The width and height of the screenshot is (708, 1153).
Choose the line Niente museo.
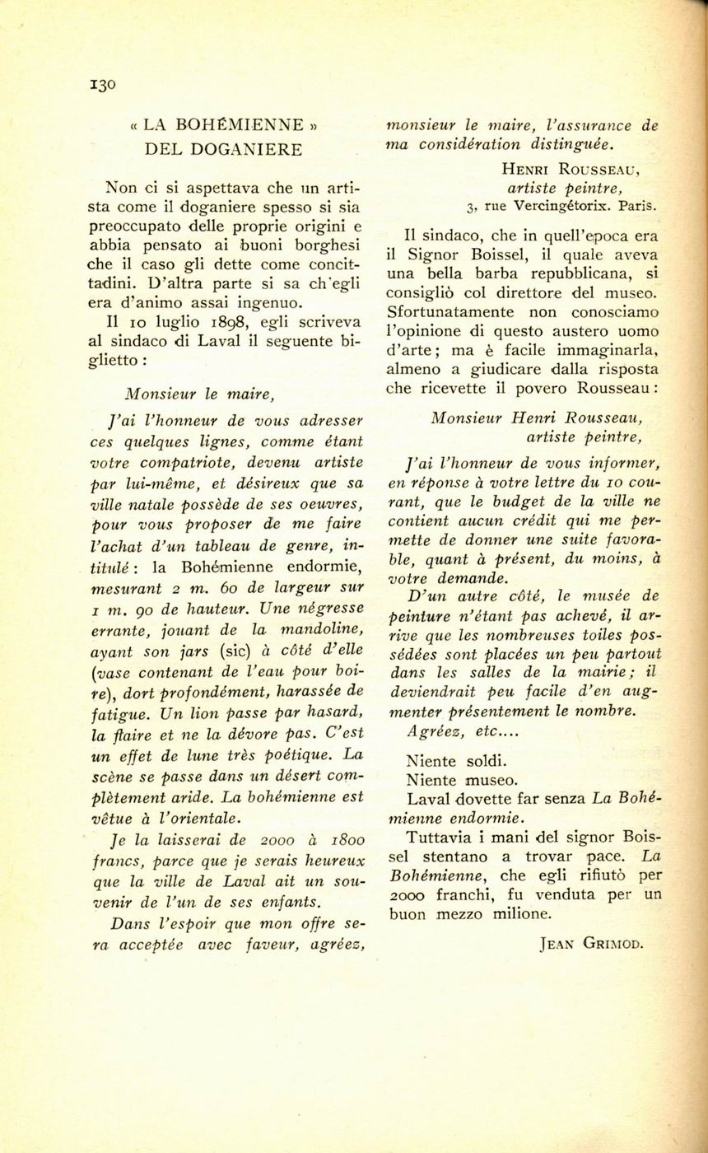click(462, 779)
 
